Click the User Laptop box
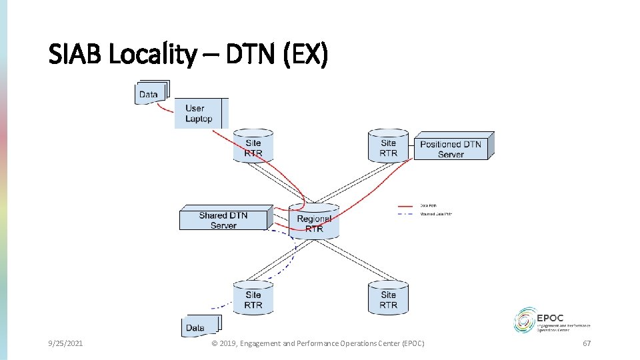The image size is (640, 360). [x=200, y=113]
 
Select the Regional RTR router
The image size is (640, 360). [x=314, y=223]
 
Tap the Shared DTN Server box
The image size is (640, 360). [x=224, y=220]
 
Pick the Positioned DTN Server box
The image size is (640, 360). [x=451, y=149]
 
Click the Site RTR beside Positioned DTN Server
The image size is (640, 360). [x=388, y=147]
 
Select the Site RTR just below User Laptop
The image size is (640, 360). [x=253, y=147]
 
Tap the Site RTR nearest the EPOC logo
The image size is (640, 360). [x=388, y=299]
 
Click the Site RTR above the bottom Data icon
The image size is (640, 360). [x=253, y=299]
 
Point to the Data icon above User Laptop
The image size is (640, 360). [x=150, y=93]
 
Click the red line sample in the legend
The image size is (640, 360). [x=406, y=205]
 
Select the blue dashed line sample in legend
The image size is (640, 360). [x=406, y=214]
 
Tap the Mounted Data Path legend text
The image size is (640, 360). [x=436, y=214]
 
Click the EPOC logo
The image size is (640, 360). [x=552, y=320]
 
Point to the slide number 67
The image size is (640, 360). [x=587, y=343]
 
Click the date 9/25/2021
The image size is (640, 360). [x=65, y=343]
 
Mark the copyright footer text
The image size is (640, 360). [x=317, y=343]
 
